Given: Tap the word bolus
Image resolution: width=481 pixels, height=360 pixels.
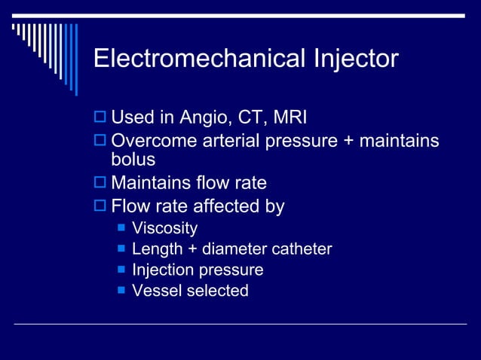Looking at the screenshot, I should click(x=133, y=160).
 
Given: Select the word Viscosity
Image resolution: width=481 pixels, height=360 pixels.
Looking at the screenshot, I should click(x=164, y=228).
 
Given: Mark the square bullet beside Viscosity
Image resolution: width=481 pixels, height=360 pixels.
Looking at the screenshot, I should click(x=120, y=228).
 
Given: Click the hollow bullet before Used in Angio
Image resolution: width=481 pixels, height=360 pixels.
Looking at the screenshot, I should click(x=101, y=119).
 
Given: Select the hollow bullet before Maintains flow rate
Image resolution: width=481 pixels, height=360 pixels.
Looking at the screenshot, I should click(x=101, y=184).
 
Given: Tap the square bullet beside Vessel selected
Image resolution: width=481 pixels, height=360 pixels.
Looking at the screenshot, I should click(x=120, y=291).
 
